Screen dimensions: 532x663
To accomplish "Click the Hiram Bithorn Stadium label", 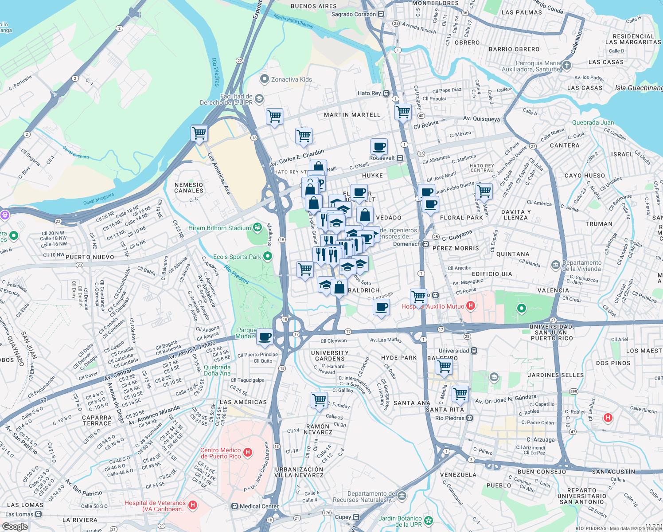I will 219,228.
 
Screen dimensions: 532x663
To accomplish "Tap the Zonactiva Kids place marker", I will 265,79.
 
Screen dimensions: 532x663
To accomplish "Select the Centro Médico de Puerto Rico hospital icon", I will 248,453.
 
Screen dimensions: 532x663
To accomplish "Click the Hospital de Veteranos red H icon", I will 193,505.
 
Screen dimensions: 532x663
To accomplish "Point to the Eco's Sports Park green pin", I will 267,256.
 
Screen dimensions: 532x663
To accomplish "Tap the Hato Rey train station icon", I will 386,93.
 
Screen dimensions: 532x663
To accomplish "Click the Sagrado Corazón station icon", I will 381,14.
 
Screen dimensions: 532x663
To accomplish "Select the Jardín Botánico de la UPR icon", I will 428,520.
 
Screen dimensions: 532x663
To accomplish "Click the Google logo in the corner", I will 15,526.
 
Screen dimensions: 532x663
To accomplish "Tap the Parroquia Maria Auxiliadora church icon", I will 567,66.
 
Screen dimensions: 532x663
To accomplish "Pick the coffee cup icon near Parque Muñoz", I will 265,337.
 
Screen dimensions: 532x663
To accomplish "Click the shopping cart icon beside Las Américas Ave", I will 199,133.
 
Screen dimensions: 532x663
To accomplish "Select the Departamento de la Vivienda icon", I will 556,265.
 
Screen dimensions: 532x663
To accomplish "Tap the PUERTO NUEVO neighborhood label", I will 90,257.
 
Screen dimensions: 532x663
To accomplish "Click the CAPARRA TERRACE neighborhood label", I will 97,420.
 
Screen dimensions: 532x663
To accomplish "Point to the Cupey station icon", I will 356,517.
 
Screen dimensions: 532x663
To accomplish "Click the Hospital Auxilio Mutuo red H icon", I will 471,306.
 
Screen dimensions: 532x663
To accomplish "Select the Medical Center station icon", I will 235,506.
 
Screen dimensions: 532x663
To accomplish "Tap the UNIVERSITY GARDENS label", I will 330,356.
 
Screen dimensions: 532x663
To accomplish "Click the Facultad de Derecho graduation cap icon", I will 259,98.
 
